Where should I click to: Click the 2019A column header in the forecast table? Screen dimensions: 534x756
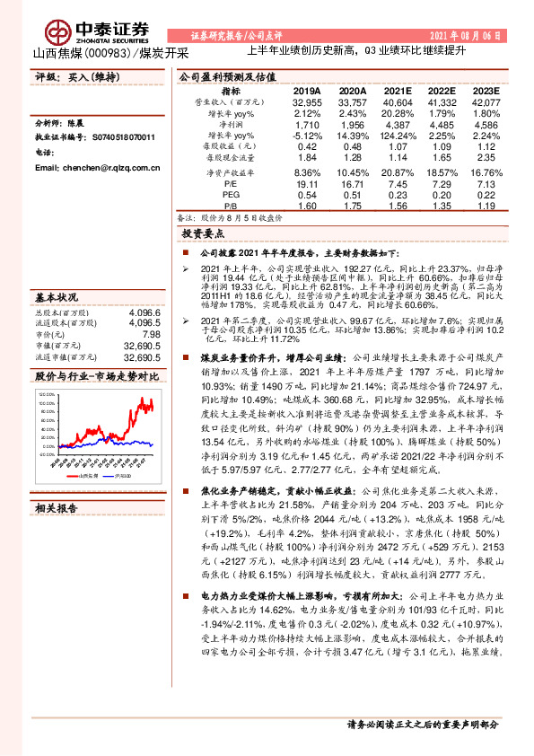[x=307, y=92]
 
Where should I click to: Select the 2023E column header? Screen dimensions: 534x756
[x=486, y=92]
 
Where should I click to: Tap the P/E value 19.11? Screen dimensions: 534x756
[x=307, y=183]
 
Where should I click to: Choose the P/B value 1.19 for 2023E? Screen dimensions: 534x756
[x=486, y=205]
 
